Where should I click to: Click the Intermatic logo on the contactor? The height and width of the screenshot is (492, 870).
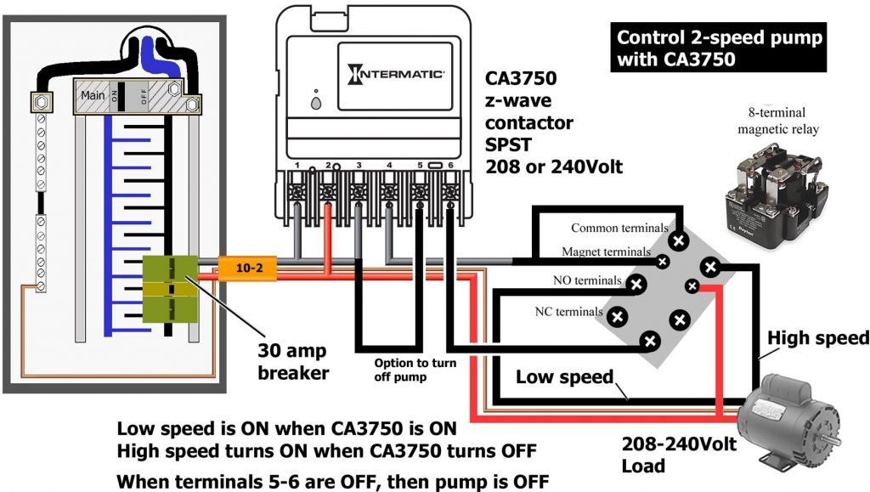(395, 74)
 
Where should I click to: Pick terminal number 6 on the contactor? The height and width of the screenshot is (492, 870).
(449, 164)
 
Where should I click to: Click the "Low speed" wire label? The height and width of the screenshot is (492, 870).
(564, 376)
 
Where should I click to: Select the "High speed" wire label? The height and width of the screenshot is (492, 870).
(818, 338)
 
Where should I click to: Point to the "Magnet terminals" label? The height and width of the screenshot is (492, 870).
(606, 252)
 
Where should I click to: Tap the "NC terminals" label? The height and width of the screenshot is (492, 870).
(568, 312)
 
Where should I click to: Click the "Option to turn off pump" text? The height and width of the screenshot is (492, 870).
(415, 370)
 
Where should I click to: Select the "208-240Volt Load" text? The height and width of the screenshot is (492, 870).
(666, 455)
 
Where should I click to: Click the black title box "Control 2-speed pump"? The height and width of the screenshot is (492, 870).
(719, 48)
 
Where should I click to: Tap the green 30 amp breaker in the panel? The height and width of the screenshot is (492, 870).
(170, 289)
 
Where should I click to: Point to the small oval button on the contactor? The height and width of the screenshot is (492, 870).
(317, 105)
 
